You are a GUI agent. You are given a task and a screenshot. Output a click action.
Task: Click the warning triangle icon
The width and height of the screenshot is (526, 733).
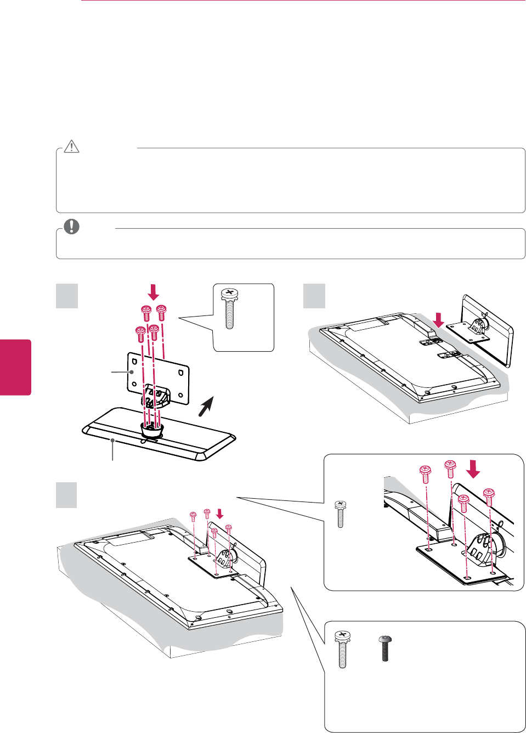click(x=72, y=146)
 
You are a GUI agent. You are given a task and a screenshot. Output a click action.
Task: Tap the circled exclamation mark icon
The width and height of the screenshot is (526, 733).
click(x=71, y=226)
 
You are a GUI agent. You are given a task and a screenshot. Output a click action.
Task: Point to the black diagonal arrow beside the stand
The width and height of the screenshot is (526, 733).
click(x=206, y=407)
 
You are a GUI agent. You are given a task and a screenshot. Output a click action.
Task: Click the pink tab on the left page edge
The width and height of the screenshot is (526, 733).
click(x=15, y=367)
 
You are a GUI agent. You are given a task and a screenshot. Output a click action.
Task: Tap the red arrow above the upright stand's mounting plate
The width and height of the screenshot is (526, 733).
click(x=438, y=319)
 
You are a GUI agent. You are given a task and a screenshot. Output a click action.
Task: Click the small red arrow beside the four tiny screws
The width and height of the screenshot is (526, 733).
click(x=220, y=513)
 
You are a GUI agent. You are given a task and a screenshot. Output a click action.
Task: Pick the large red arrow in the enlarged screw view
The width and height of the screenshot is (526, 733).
click(x=472, y=469)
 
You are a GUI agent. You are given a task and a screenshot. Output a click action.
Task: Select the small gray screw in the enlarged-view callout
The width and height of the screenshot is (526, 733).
click(x=340, y=514)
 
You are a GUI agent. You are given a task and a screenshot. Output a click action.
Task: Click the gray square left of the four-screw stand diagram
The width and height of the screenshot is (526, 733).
click(x=67, y=296)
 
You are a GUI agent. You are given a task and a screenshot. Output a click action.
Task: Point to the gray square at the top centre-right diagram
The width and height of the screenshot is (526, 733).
click(x=314, y=296)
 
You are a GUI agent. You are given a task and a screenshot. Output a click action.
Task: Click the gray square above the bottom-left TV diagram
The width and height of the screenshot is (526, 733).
click(x=67, y=494)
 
